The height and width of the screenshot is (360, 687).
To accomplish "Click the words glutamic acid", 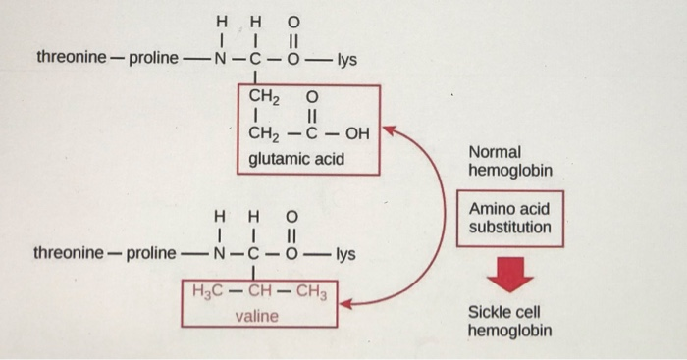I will tap(295, 157).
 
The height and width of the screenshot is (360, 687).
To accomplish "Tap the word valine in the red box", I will tap(257, 316).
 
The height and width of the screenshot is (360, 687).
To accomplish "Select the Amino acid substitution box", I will tap(509, 219).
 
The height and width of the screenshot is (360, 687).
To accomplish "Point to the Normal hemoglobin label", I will tap(510, 162).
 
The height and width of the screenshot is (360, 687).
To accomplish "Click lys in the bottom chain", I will tap(343, 254).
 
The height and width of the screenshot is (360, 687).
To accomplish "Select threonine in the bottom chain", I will tap(68, 253).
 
